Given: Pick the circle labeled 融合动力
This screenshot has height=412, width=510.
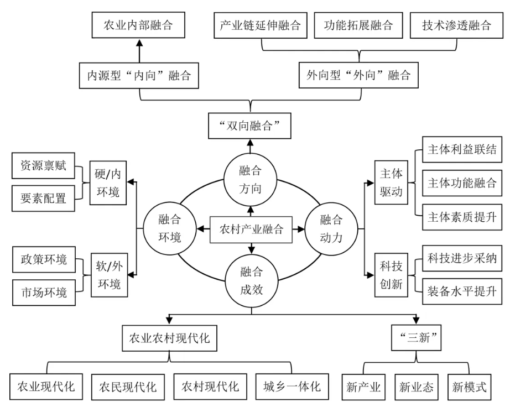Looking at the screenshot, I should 331,228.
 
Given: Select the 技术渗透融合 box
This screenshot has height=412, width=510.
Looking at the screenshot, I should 451,25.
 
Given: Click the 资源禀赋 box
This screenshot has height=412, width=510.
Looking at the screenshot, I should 44,166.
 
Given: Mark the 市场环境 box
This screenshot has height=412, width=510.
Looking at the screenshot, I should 44,291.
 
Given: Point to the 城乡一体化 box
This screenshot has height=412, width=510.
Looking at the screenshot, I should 291,385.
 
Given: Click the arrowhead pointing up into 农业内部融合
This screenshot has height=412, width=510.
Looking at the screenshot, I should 139,43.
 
